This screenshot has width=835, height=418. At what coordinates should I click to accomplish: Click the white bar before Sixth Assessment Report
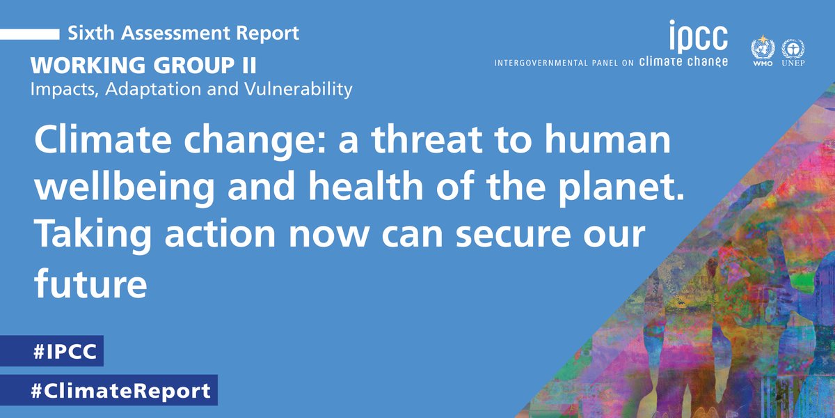(29, 33)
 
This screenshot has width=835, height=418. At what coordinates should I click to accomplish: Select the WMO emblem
(762, 52)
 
